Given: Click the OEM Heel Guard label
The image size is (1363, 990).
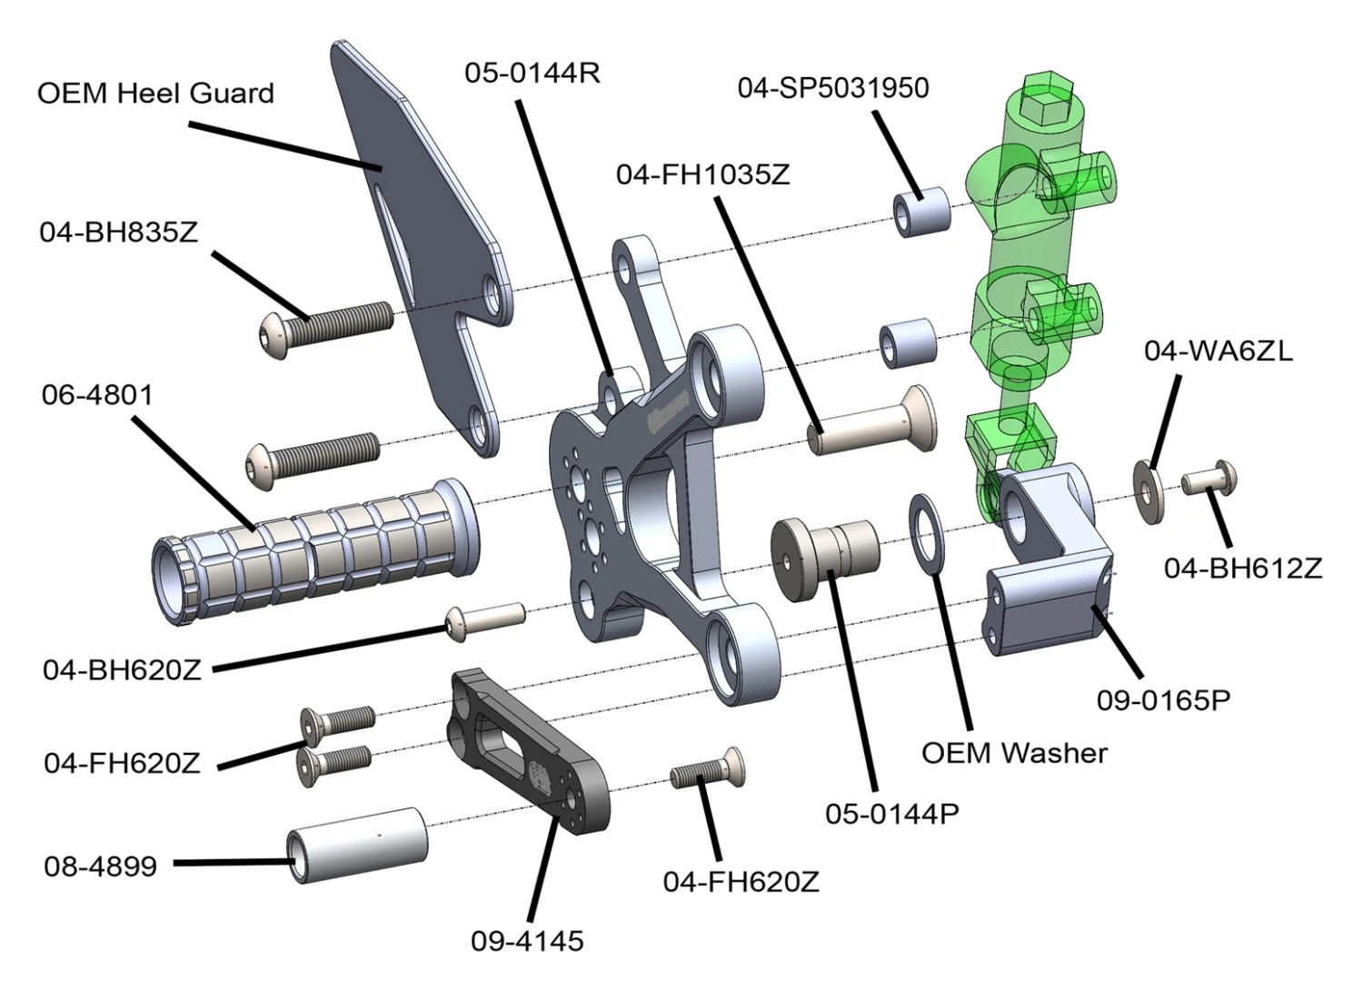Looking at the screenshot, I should pos(155,94).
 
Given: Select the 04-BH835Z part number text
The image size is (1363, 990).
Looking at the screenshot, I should pos(118,233).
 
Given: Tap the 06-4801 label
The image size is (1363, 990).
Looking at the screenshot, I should pos(97,395).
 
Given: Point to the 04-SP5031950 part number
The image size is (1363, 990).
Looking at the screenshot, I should pos(833,88).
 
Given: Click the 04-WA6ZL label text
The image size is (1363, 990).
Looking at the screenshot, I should pos(1218,351).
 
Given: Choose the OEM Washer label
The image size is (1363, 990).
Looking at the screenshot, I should pos(1014,753).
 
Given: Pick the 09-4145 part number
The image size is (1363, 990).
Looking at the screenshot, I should pos(527,941).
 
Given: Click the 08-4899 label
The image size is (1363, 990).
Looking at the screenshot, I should pos(100,866).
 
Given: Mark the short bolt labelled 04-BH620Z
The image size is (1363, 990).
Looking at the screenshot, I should pos(485,619).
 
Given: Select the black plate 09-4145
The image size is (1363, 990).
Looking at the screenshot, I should pos(527,747).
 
